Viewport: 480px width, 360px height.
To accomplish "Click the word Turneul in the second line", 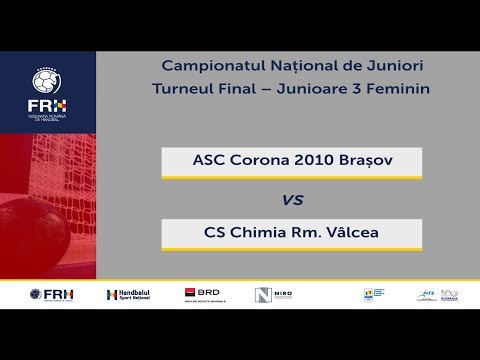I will tap(181, 89).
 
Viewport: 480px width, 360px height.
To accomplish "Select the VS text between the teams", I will tap(292, 200).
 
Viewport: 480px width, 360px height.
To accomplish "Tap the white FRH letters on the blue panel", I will tap(48, 105).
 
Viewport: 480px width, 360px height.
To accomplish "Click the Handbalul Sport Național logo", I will tap(131, 295).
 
